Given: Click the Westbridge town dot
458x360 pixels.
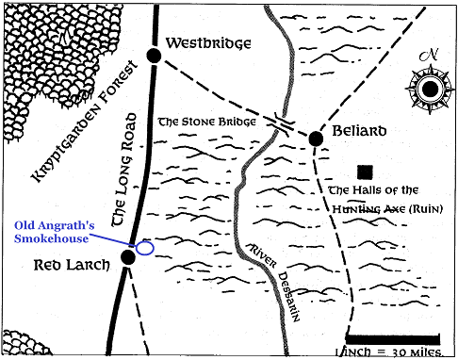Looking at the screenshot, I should (155, 56).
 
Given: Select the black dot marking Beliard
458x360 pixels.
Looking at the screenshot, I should (317, 139).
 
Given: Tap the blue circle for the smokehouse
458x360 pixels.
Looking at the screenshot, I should (145, 248).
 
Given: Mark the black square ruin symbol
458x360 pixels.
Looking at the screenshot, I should (364, 172).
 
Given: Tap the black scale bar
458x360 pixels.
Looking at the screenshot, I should (392, 336).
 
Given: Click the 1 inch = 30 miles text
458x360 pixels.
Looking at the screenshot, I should (392, 352).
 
